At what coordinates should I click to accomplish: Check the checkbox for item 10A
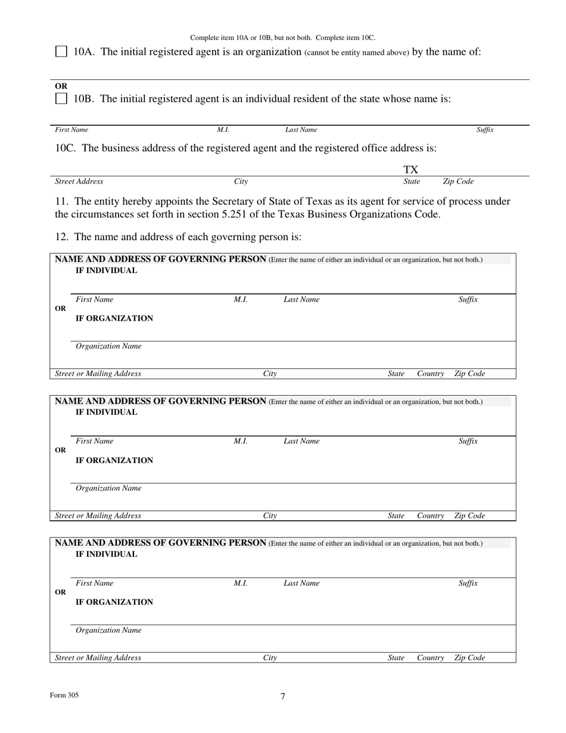pyautogui.click(x=61, y=52)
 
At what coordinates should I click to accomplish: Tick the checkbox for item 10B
pyautogui.click(x=61, y=99)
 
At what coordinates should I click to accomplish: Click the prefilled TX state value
pyautogui.click(x=411, y=170)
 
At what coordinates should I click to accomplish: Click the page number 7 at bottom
pyautogui.click(x=283, y=696)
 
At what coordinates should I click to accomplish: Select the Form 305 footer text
pyautogui.click(x=64, y=695)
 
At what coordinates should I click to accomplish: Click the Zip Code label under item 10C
pyautogui.click(x=458, y=181)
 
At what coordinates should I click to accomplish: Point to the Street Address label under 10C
pyautogui.click(x=79, y=181)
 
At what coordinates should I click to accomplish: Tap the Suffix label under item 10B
pyautogui.click(x=485, y=129)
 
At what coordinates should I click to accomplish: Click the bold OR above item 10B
pyautogui.click(x=61, y=86)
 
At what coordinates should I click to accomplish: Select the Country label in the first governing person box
pyautogui.click(x=430, y=374)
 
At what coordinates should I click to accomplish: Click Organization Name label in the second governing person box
pyautogui.click(x=108, y=488)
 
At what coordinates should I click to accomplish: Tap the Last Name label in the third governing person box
pyautogui.click(x=301, y=583)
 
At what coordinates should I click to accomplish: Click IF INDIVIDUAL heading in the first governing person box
pyautogui.click(x=106, y=271)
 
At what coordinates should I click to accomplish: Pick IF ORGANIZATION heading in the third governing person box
pyautogui.click(x=114, y=602)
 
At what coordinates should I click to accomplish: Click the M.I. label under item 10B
pyautogui.click(x=223, y=129)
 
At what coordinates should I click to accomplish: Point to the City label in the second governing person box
pyautogui.click(x=270, y=515)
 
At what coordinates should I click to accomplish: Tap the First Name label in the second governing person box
pyautogui.click(x=94, y=442)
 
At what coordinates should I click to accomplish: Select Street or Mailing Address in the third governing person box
pyautogui.click(x=98, y=658)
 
